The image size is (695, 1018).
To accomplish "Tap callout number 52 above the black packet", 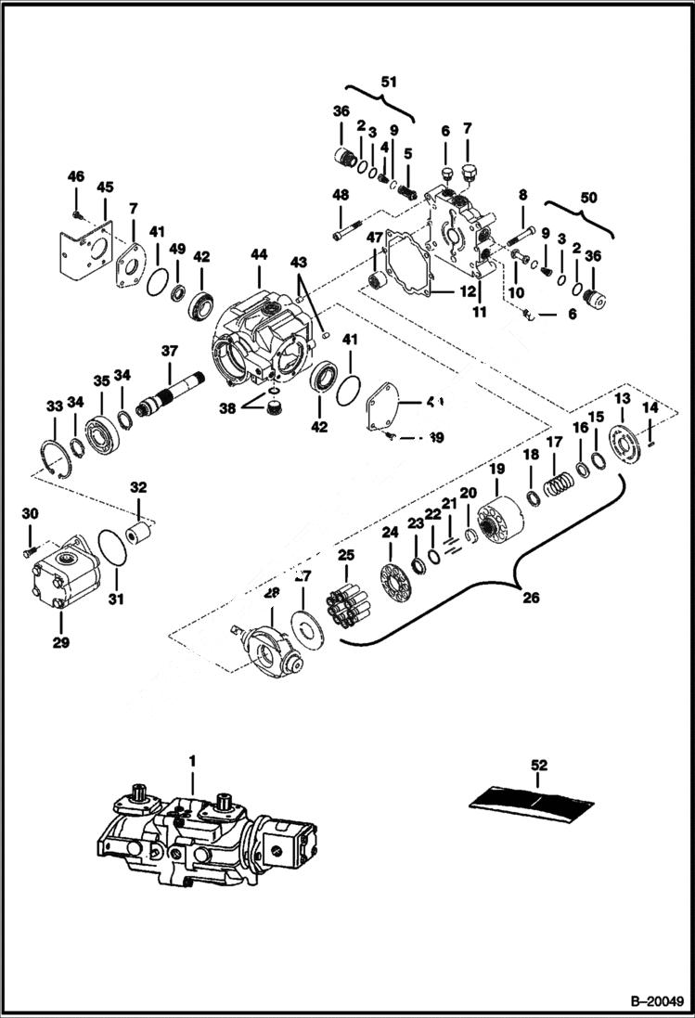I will click(x=539, y=766).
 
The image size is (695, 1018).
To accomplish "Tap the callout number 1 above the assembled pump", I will click(x=193, y=761).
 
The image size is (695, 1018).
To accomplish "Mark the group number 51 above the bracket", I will click(x=387, y=81).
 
